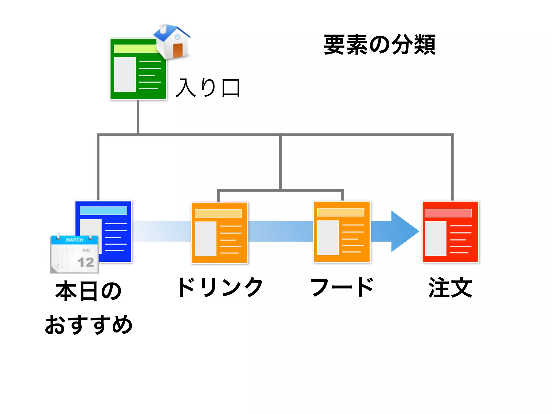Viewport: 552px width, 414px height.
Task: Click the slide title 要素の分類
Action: (x=379, y=45)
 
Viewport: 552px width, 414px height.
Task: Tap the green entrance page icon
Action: (x=137, y=73)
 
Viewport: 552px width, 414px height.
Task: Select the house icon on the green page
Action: (x=172, y=42)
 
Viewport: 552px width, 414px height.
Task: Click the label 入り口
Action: (x=208, y=88)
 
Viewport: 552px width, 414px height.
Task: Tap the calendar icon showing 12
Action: (x=74, y=255)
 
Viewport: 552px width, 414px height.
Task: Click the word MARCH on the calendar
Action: (x=75, y=240)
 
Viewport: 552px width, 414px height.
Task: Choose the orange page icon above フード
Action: (x=342, y=232)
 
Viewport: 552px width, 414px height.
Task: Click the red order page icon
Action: (x=450, y=232)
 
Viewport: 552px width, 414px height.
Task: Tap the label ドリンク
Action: (x=220, y=287)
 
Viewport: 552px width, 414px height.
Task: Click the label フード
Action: (x=342, y=287)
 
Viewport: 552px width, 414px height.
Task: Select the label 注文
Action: (x=450, y=287)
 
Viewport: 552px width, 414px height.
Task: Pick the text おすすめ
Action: (x=88, y=325)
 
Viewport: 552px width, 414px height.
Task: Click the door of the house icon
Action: (x=178, y=50)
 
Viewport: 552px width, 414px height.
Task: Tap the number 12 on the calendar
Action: (x=86, y=262)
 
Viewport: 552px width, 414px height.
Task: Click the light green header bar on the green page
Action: (x=135, y=49)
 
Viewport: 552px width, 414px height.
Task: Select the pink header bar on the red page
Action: (x=448, y=213)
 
